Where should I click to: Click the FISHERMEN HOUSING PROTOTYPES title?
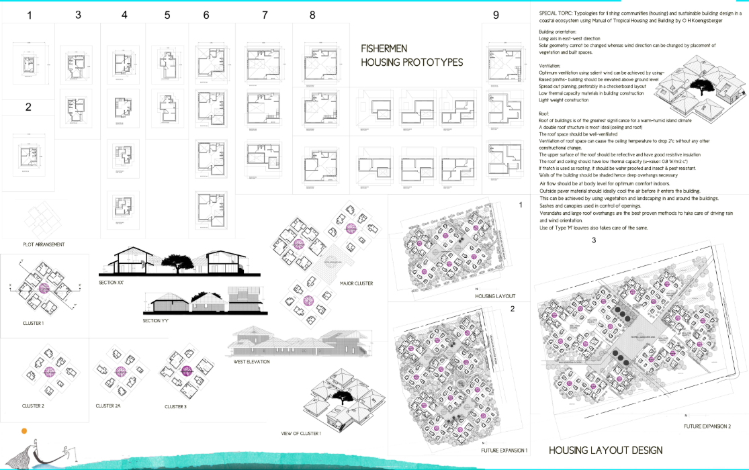pyautogui.click(x=412, y=56)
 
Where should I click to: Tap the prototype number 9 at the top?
pyautogui.click(x=496, y=15)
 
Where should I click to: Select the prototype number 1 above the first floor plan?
pyautogui.click(x=29, y=15)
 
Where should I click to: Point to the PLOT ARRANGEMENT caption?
pyautogui.click(x=44, y=244)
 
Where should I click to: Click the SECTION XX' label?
pyautogui.click(x=112, y=283)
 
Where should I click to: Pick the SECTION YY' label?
pyautogui.click(x=157, y=321)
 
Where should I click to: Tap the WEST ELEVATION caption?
pyautogui.click(x=252, y=361)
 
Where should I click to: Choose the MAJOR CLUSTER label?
pyautogui.click(x=357, y=283)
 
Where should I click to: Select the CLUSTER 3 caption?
pyautogui.click(x=175, y=406)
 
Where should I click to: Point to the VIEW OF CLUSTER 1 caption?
pyautogui.click(x=301, y=433)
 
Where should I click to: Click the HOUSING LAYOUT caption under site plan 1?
pyautogui.click(x=494, y=295)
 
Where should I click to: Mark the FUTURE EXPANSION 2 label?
pyautogui.click(x=707, y=426)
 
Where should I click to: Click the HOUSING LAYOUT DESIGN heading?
pyautogui.click(x=605, y=450)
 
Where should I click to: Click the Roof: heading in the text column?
pyautogui.click(x=544, y=114)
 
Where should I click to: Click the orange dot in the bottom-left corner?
pyautogui.click(x=24, y=430)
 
